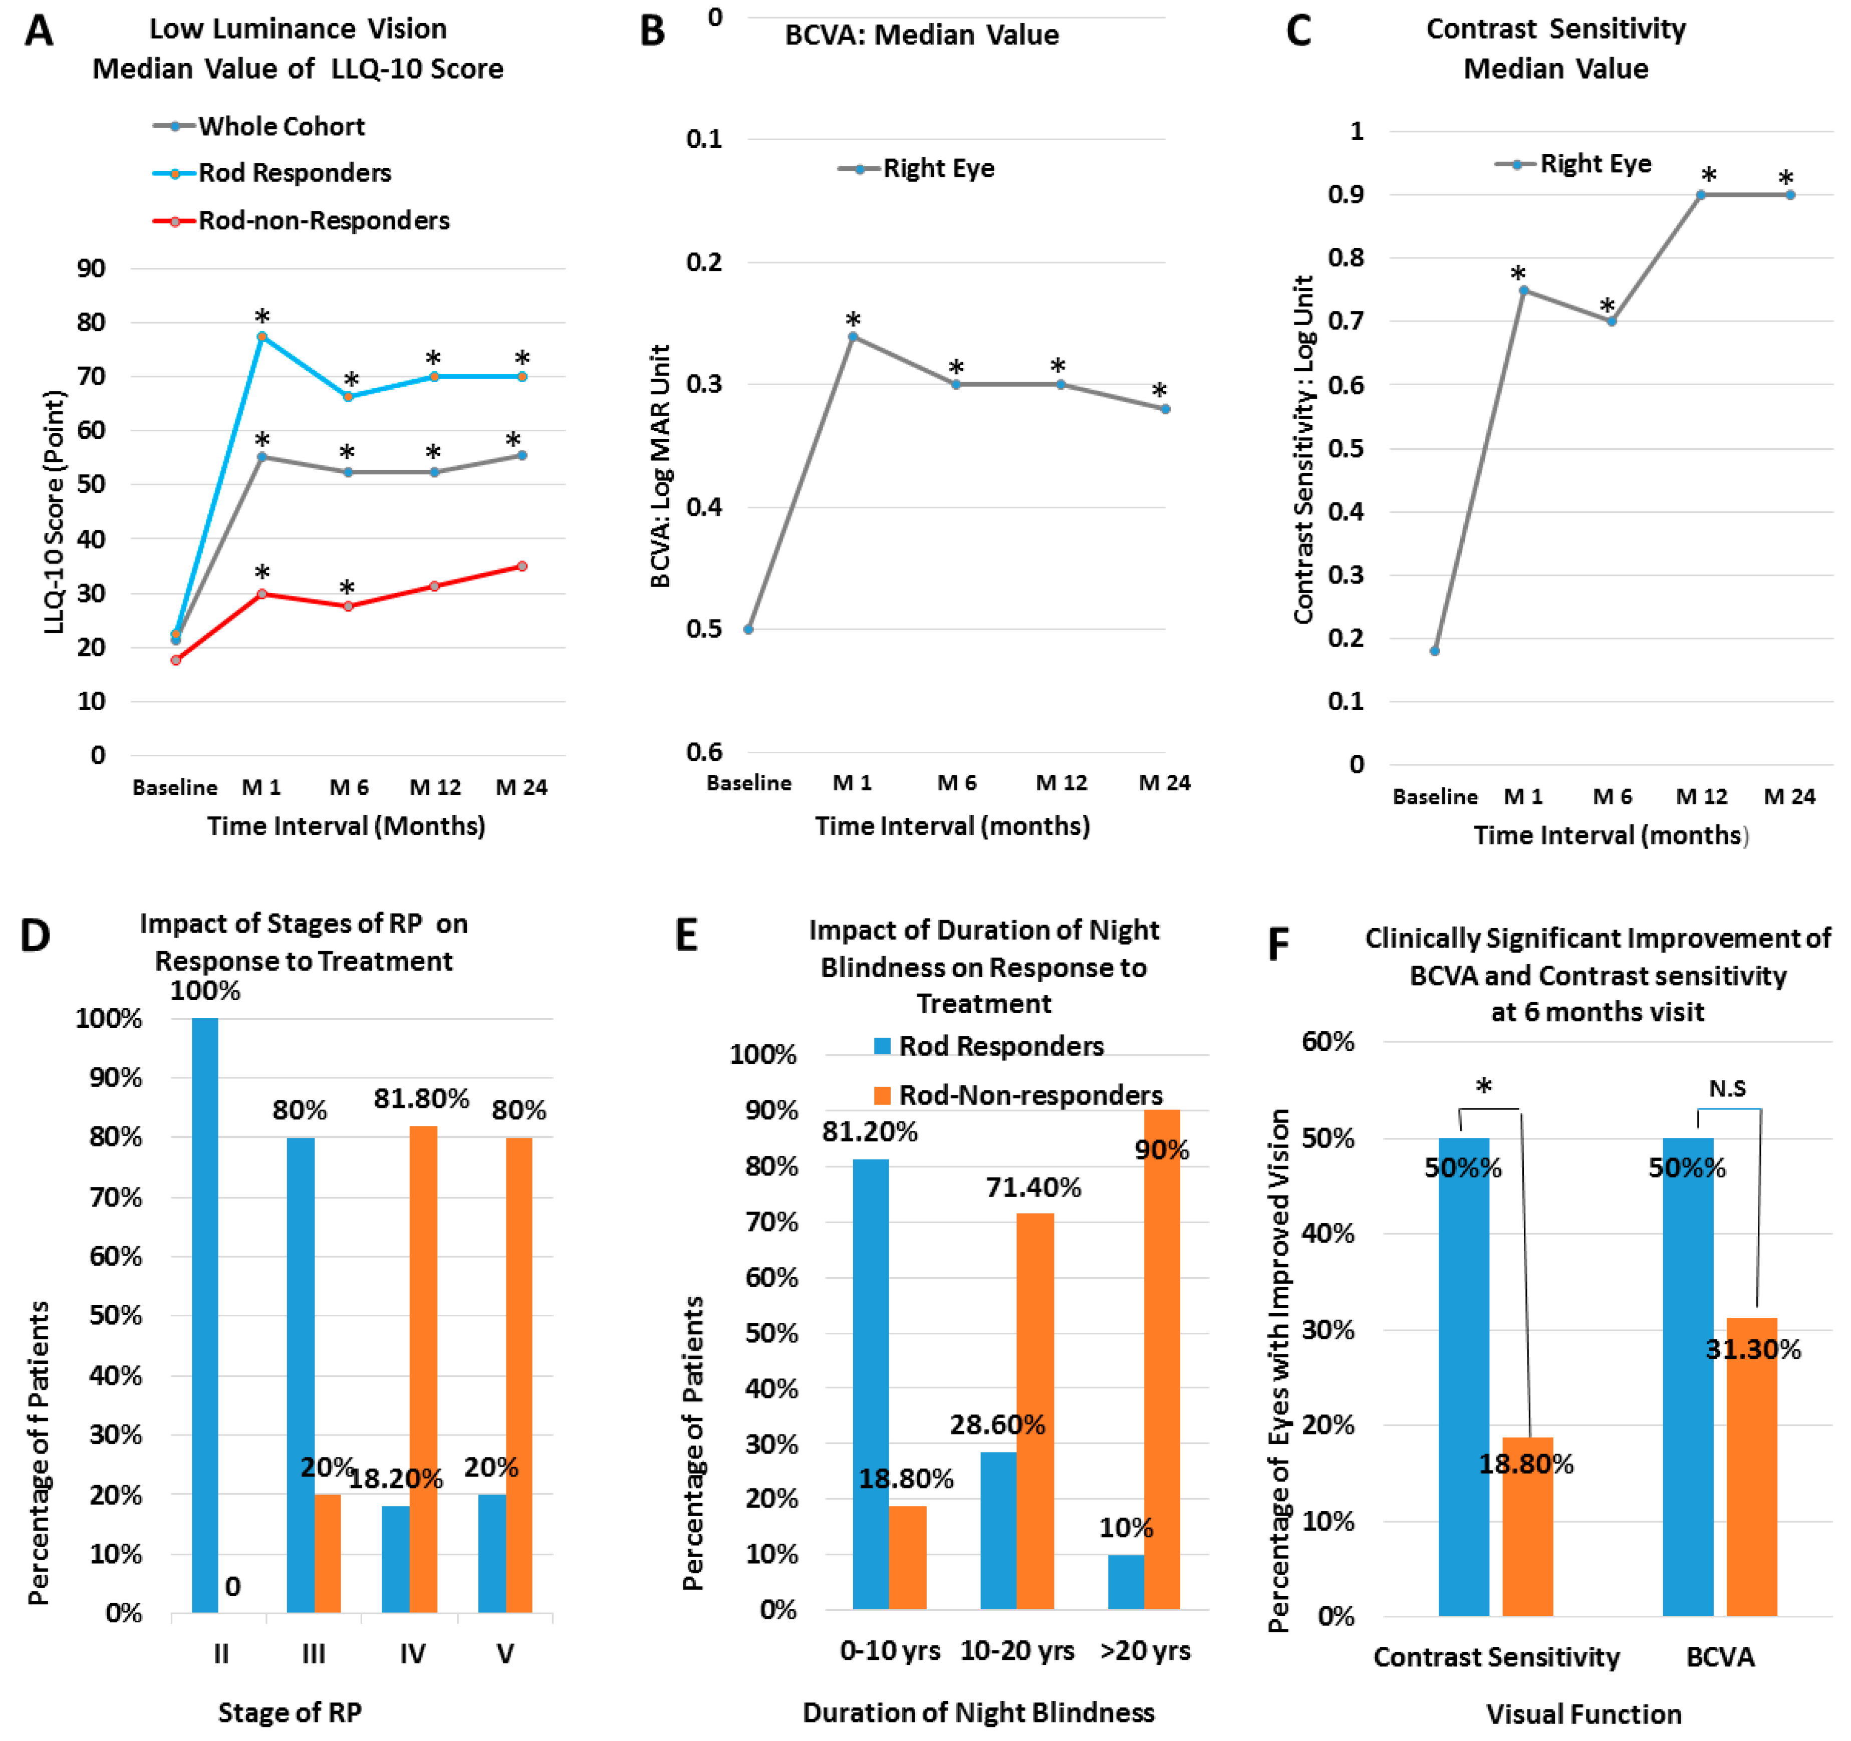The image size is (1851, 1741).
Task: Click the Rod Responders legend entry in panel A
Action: (x=293, y=173)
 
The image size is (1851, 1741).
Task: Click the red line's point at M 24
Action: (x=522, y=566)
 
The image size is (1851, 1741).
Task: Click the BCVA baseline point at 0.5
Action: (x=748, y=630)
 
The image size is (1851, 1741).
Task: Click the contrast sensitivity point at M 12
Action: (x=1700, y=194)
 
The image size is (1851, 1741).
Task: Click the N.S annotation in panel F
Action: (x=1727, y=1088)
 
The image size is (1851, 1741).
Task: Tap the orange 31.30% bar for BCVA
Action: (x=1751, y=1467)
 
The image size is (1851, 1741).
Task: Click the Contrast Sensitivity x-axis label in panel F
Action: (x=1496, y=1657)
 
